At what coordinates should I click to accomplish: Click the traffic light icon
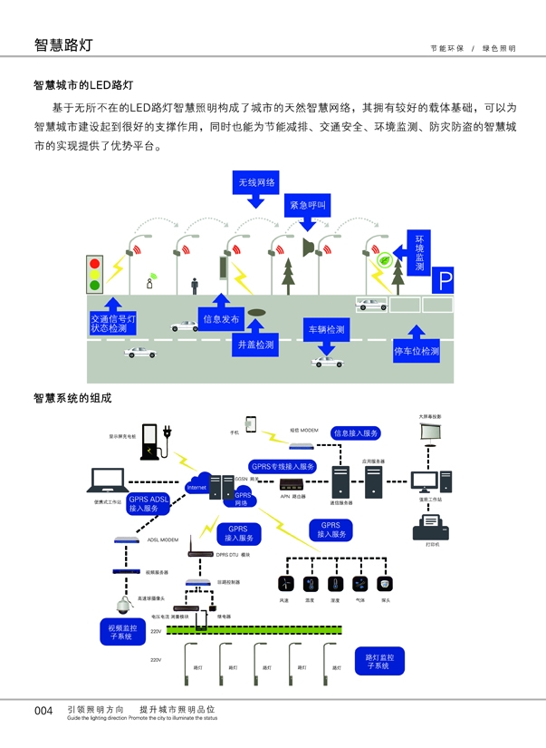[x=94, y=273]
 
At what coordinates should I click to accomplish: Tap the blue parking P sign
[x=444, y=281]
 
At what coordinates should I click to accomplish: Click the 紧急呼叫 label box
[x=308, y=207]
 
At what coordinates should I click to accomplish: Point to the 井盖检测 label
[x=256, y=345]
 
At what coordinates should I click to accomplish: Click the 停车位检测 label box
[x=417, y=351]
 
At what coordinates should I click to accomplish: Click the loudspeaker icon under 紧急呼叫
[x=308, y=248]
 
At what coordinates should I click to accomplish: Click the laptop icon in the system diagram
[x=106, y=481]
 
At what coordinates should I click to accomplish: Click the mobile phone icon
[x=250, y=424]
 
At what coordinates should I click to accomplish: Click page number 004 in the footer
[x=43, y=711]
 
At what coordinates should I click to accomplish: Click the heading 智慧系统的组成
[x=72, y=397]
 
